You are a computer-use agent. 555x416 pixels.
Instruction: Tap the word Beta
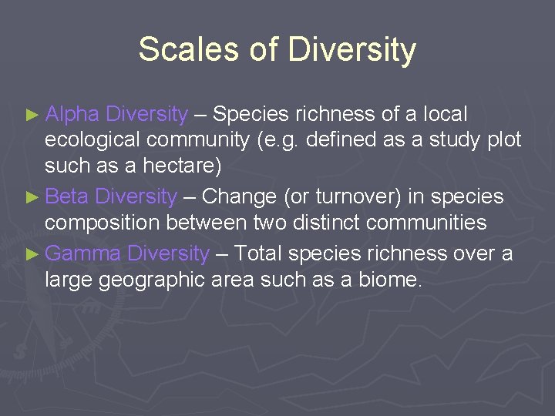point(67,196)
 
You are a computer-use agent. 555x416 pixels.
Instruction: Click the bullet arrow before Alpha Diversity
point(32,116)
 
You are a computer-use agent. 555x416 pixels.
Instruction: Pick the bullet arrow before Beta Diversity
point(32,197)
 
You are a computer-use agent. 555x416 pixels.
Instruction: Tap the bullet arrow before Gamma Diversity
point(32,254)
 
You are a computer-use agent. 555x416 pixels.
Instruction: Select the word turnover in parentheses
point(357,196)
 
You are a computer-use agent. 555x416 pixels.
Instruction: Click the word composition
point(103,223)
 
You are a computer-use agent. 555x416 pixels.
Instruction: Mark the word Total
point(262,253)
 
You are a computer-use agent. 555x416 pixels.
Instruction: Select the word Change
point(239,196)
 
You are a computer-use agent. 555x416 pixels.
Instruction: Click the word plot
point(504,140)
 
